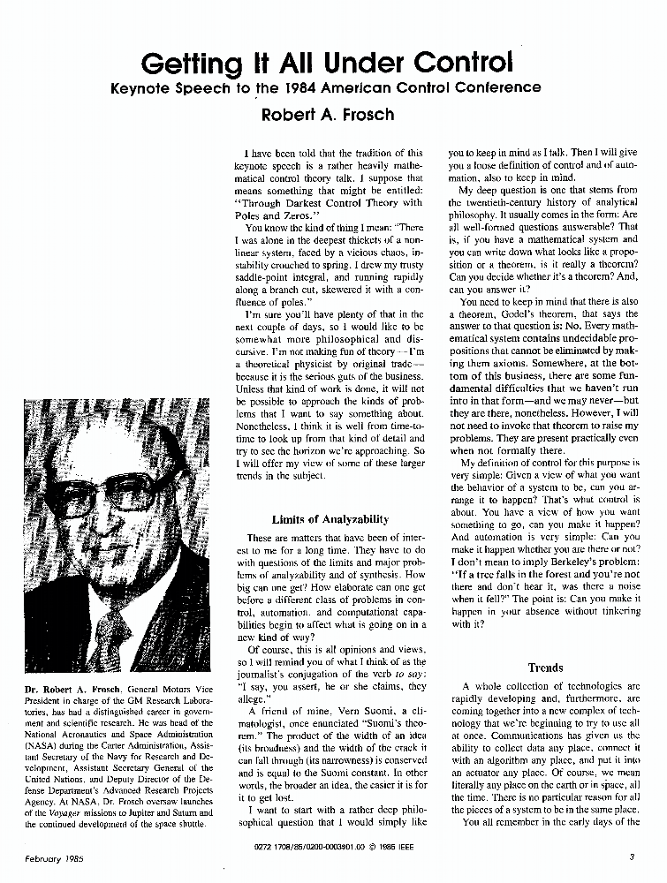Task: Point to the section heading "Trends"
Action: click(545, 668)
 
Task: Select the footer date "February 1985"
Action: click(54, 856)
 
